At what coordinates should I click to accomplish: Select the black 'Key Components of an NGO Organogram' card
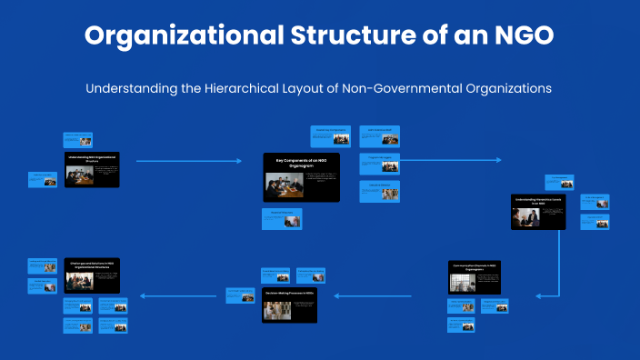301,177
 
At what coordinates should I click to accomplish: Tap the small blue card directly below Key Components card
280,219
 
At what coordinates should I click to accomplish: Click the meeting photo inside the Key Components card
278,185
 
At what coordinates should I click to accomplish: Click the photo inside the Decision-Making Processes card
274,310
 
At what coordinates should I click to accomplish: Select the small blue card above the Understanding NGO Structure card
77,139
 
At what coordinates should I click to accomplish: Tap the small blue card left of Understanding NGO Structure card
43,179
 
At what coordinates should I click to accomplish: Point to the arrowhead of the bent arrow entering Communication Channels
539,295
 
